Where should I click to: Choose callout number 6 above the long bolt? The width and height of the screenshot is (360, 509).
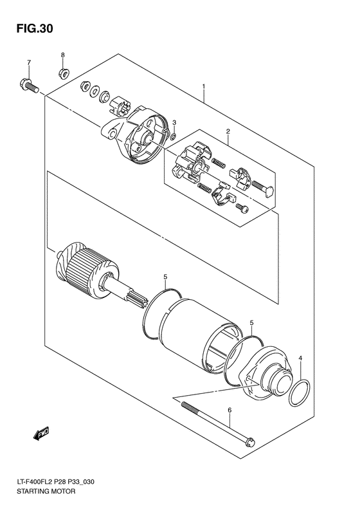pos(230,409)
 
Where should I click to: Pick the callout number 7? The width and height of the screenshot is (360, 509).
pos(29,62)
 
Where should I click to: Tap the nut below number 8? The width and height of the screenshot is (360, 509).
pos(64,71)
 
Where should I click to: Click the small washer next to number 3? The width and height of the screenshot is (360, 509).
pos(174,136)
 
